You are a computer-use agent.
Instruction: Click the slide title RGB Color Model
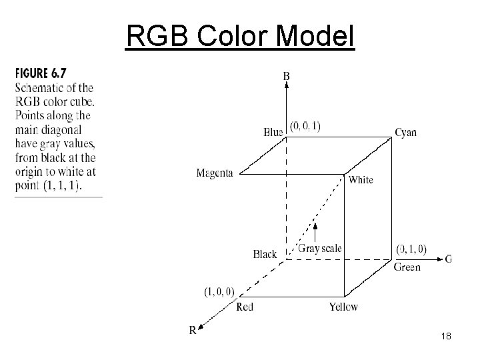(241, 37)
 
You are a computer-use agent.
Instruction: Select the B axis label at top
(287, 77)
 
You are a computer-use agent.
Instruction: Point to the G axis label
(448, 259)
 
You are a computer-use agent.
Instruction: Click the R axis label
(193, 330)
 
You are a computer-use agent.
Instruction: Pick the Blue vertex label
(273, 132)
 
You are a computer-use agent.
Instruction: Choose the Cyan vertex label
(405, 132)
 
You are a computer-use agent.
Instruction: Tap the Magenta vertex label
(215, 173)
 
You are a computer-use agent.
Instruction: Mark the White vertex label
(361, 179)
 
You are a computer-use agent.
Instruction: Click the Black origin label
(265, 254)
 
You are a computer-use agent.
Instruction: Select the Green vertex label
(407, 267)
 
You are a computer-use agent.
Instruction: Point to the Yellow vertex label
(343, 307)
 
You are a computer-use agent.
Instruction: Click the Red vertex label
(245, 307)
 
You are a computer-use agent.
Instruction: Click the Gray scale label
(320, 249)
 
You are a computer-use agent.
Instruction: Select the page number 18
(446, 337)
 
